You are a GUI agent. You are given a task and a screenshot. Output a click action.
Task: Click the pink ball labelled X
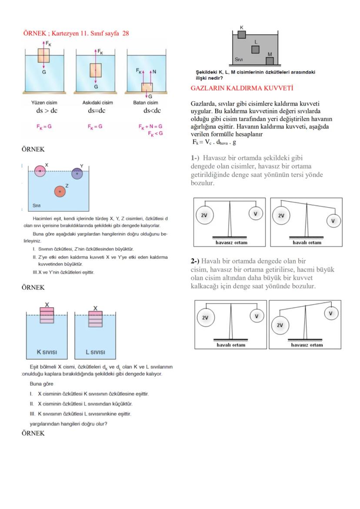point(40,171)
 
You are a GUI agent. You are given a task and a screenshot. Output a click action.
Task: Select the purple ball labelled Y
point(77,173)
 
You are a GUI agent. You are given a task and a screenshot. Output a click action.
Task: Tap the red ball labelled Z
point(60,191)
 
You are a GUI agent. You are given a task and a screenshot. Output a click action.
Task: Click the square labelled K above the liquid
point(242,34)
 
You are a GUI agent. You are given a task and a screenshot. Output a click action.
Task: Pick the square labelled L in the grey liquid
point(256,50)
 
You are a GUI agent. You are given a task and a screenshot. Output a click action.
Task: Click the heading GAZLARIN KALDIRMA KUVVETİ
point(242,88)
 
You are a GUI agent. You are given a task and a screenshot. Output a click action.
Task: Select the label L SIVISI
point(95,352)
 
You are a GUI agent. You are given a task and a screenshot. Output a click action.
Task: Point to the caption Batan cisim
point(146,103)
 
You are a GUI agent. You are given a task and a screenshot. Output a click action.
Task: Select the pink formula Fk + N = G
point(150,126)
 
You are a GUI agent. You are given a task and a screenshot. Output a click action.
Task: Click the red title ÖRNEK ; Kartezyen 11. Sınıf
point(76,33)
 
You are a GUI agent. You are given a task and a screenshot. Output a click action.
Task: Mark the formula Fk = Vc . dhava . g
point(214,142)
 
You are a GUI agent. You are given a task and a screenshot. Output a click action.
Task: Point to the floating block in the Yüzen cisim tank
point(43,56)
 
